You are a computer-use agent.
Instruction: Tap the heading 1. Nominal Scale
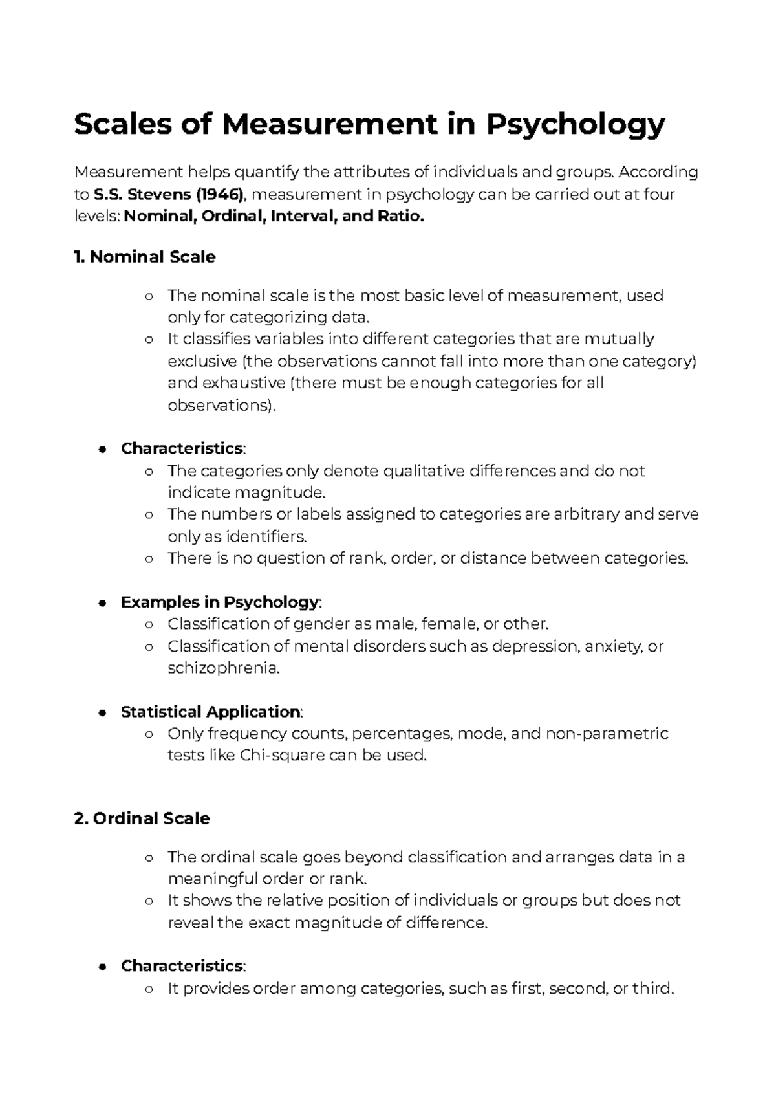145,257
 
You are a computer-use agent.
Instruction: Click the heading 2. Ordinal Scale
142,818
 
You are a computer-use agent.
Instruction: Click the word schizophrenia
223,668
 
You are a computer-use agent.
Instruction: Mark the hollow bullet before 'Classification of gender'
149,625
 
